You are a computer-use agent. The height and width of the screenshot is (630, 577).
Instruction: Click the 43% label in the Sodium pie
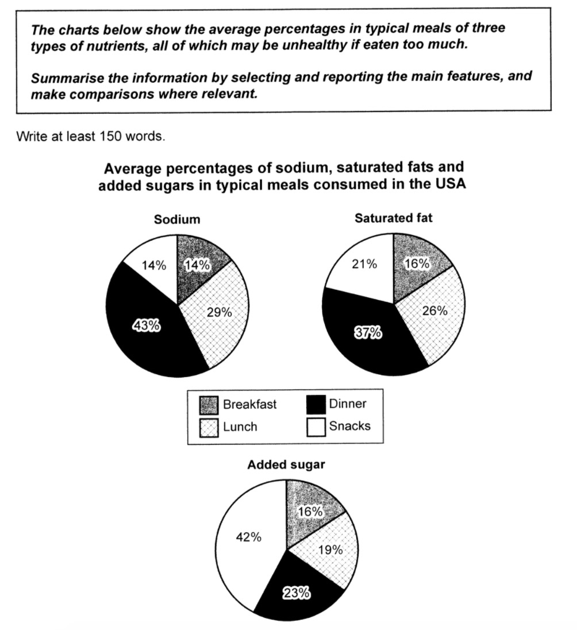(x=146, y=325)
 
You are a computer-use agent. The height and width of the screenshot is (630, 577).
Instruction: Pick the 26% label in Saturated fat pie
(x=434, y=310)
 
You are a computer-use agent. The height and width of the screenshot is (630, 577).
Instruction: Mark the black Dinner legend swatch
(x=316, y=404)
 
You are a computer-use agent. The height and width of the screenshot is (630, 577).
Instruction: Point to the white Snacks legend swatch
(x=316, y=427)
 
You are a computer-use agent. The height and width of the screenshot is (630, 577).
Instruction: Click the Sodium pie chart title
(x=178, y=220)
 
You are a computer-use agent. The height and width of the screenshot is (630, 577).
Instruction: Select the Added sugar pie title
(x=286, y=464)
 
